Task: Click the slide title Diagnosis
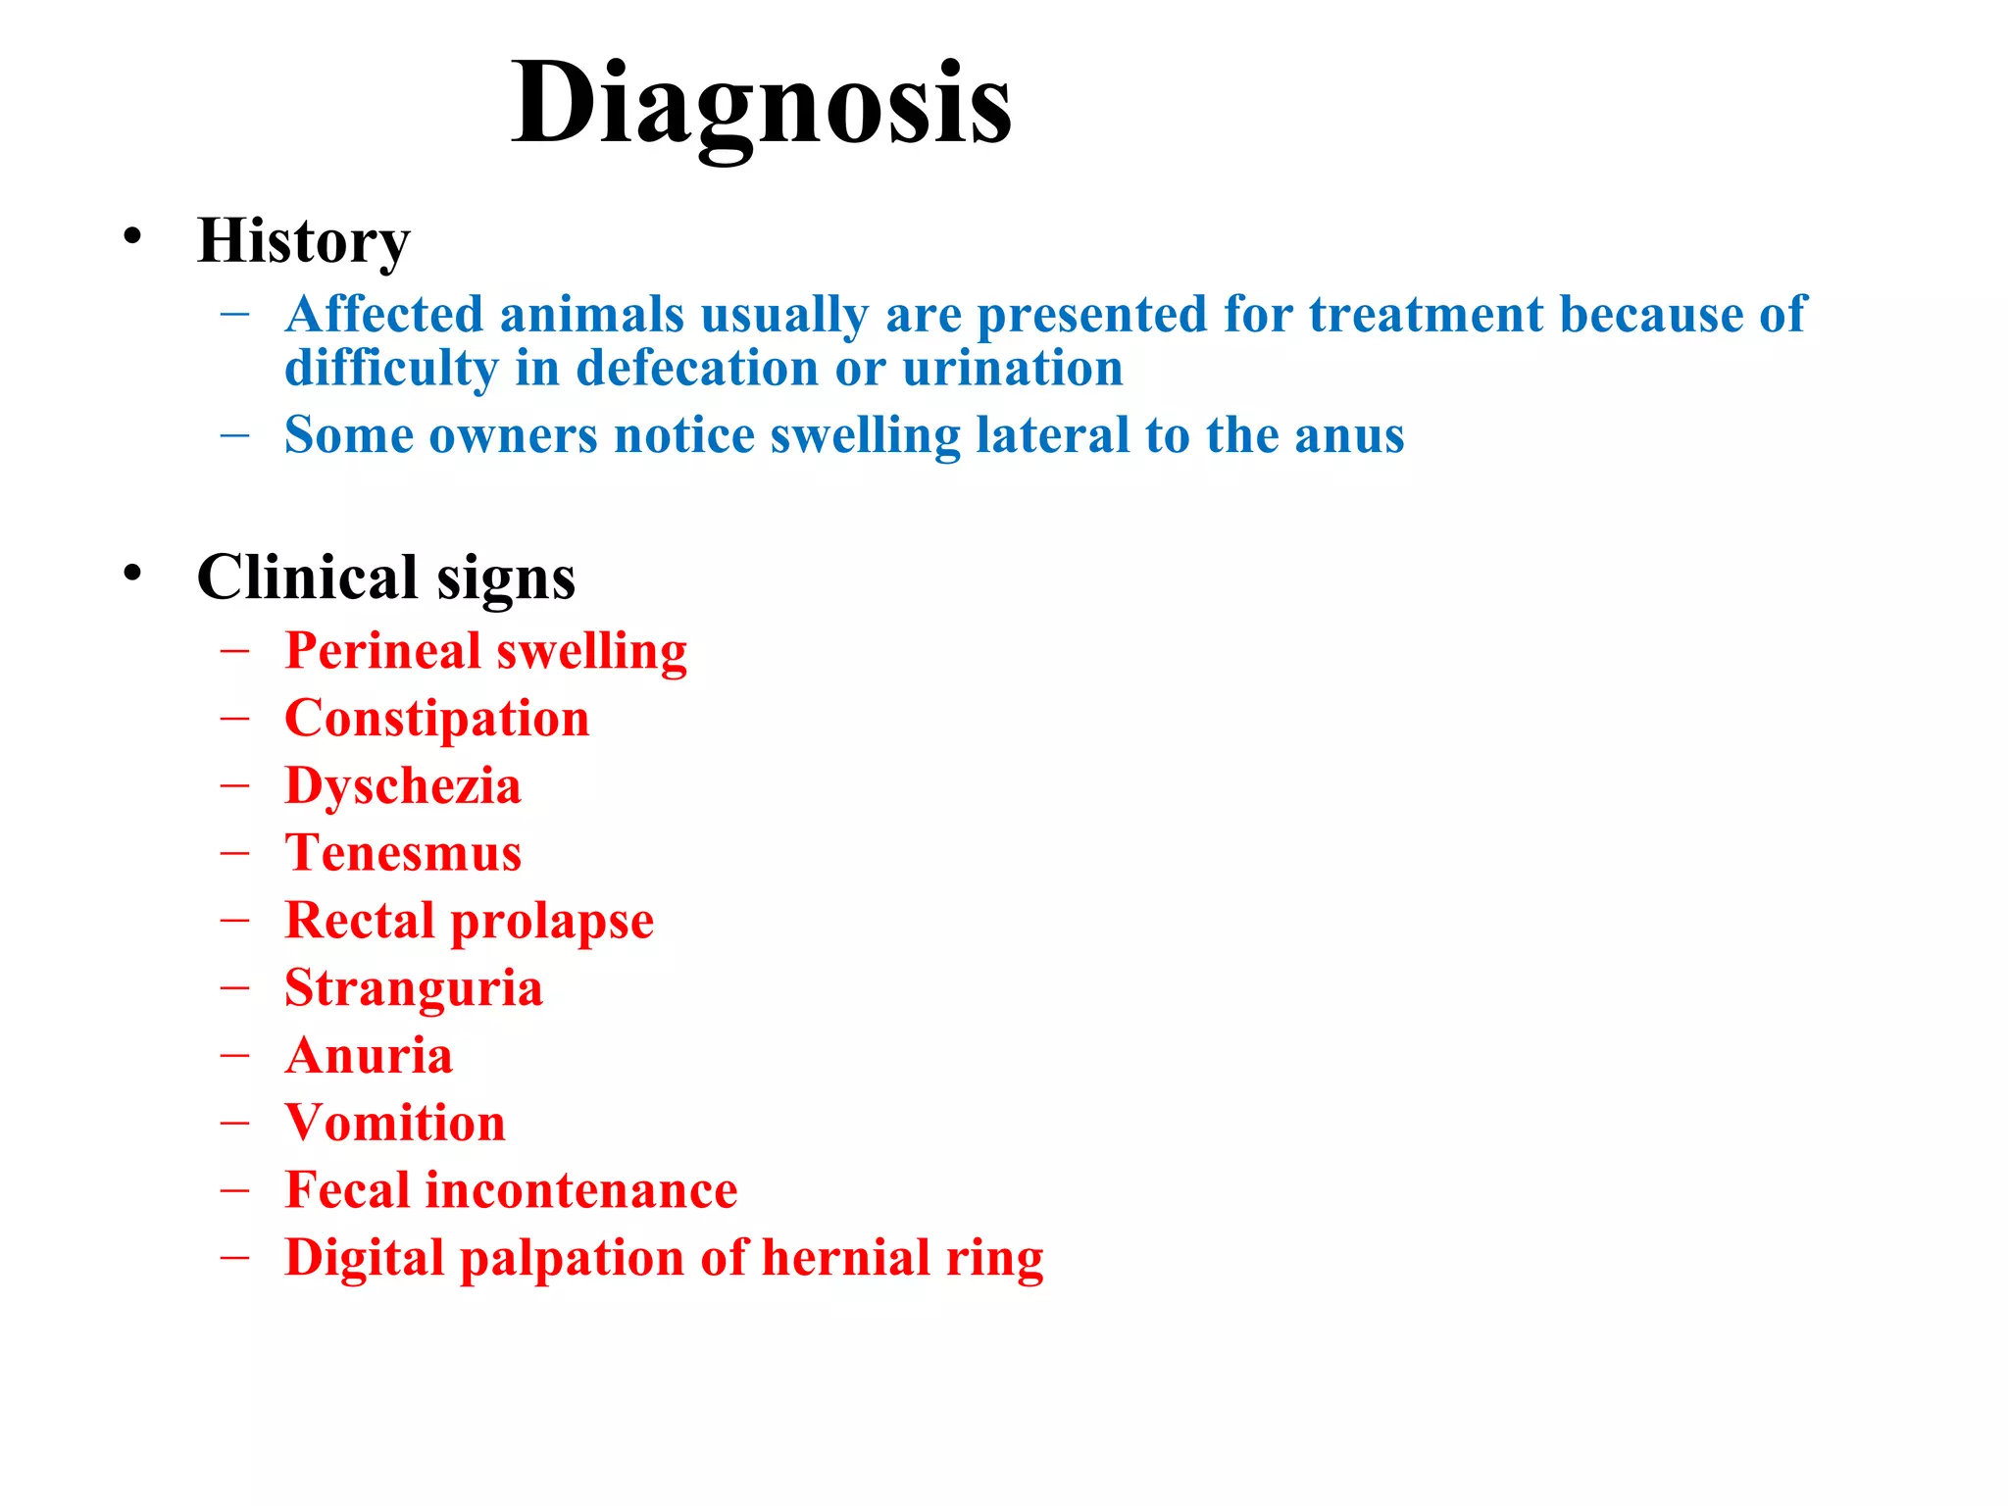[x=761, y=104]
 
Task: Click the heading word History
[x=303, y=241]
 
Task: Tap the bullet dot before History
[x=132, y=236]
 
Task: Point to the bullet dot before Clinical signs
[x=132, y=573]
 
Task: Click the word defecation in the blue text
[x=697, y=369]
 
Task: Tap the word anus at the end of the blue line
[x=1348, y=435]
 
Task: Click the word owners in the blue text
[x=513, y=435]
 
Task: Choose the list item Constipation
[x=436, y=719]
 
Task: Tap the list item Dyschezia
[x=402, y=787]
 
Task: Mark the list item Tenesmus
[x=403, y=853]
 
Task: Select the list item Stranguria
[x=413, y=988]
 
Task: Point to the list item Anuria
[x=369, y=1056]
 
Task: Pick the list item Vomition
[x=395, y=1123]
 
